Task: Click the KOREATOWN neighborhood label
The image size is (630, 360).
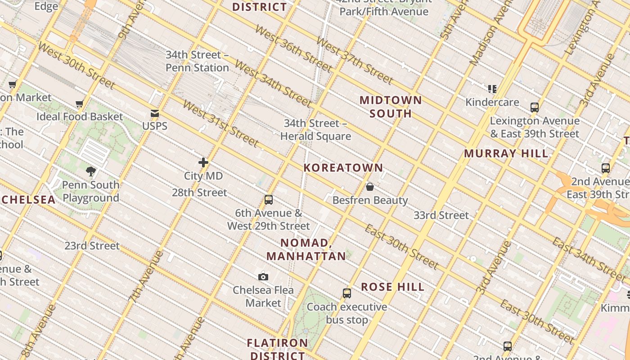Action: click(x=343, y=168)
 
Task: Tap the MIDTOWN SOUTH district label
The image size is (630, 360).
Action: click(x=391, y=107)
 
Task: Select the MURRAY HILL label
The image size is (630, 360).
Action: click(x=506, y=153)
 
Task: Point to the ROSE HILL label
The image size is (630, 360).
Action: click(x=392, y=287)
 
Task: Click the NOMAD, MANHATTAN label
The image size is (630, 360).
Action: click(x=306, y=249)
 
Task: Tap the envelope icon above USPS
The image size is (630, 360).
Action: click(x=155, y=113)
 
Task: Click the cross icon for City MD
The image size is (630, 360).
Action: click(x=203, y=162)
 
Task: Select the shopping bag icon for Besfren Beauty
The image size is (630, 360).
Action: click(x=370, y=187)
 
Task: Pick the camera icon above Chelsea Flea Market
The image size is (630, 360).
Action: click(x=263, y=277)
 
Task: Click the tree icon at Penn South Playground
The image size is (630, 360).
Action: click(x=91, y=171)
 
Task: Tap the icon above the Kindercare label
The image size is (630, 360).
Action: click(x=492, y=89)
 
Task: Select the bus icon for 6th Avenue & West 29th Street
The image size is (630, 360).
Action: click(x=269, y=199)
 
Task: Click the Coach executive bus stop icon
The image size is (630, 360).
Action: click(x=346, y=293)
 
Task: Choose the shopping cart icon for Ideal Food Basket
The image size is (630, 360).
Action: click(x=80, y=104)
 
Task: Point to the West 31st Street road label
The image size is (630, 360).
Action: click(x=220, y=123)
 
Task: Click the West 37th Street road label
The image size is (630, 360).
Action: click(x=355, y=60)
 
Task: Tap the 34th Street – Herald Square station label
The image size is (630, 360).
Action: click(x=315, y=130)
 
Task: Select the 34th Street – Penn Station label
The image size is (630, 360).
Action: click(x=197, y=61)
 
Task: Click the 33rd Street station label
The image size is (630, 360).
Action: click(x=441, y=216)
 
